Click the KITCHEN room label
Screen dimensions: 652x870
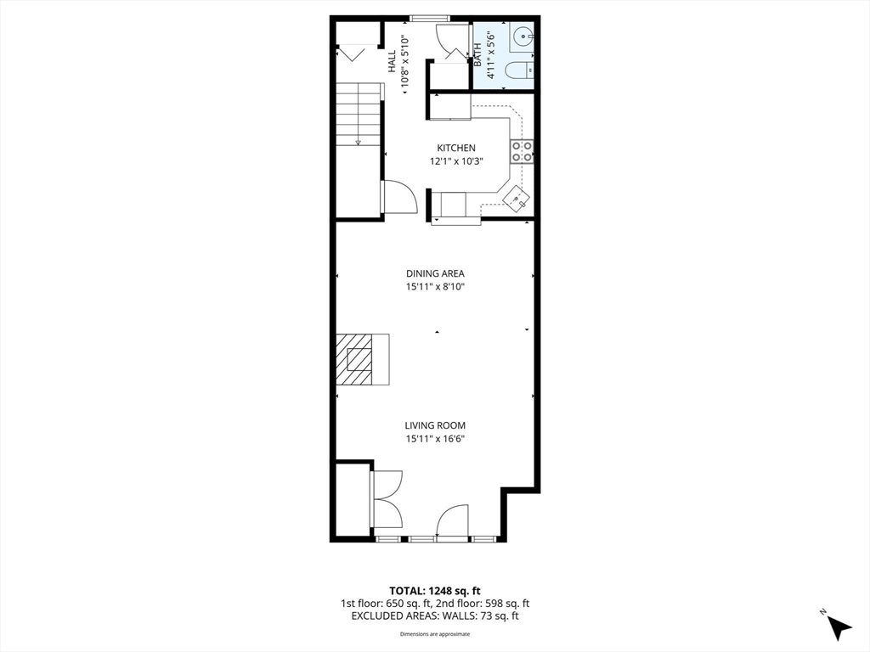coord(456,148)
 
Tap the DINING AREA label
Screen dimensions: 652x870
coord(435,273)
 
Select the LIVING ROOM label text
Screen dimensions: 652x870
coord(435,425)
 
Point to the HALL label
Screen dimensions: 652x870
coord(392,60)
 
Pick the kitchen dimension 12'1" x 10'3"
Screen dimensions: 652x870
coord(456,161)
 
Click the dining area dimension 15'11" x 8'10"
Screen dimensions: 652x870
coord(435,287)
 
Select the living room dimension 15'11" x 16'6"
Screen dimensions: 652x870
coord(435,439)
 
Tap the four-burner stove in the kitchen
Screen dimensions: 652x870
coord(522,151)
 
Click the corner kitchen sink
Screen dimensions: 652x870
coord(517,200)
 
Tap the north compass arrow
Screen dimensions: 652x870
coord(839,627)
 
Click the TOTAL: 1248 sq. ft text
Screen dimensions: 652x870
coord(435,590)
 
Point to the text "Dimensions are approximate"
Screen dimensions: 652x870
coord(435,634)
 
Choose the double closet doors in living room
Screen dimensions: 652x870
coord(387,499)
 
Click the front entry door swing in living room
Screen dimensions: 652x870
coord(454,520)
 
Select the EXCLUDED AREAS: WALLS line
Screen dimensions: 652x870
coord(435,615)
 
